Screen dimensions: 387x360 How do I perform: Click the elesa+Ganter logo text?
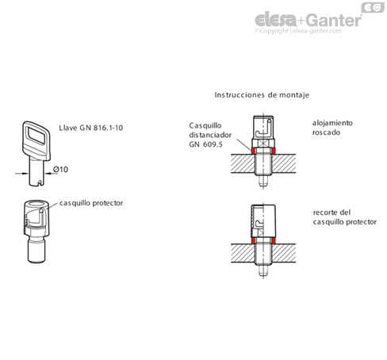[x=308, y=20]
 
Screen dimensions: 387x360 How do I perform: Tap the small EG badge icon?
[x=373, y=7]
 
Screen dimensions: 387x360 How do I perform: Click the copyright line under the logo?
[x=298, y=31]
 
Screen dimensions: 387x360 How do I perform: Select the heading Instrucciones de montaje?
[x=262, y=95]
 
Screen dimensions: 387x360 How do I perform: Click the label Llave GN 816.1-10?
[x=91, y=128]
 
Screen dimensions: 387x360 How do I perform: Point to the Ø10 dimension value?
[x=60, y=169]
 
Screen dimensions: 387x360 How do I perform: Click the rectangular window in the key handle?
[x=36, y=136]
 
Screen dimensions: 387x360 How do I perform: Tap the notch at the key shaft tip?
[x=40, y=183]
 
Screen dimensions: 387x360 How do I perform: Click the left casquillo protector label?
[x=91, y=203]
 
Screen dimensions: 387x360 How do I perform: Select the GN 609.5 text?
[x=205, y=144]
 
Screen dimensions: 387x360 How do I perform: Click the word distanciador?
[x=210, y=135]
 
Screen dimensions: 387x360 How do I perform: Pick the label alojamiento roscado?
[x=332, y=128]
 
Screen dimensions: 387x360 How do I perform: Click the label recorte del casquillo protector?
[x=345, y=217]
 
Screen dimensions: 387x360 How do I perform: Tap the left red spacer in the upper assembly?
[x=253, y=151]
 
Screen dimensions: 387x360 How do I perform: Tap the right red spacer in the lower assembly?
[x=274, y=240]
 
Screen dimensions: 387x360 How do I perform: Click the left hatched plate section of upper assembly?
[x=243, y=163]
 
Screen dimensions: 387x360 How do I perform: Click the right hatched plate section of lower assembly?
[x=284, y=253]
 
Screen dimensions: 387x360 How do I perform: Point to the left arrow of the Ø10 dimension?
[x=22, y=174]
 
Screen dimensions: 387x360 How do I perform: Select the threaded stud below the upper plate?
[x=263, y=181]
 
